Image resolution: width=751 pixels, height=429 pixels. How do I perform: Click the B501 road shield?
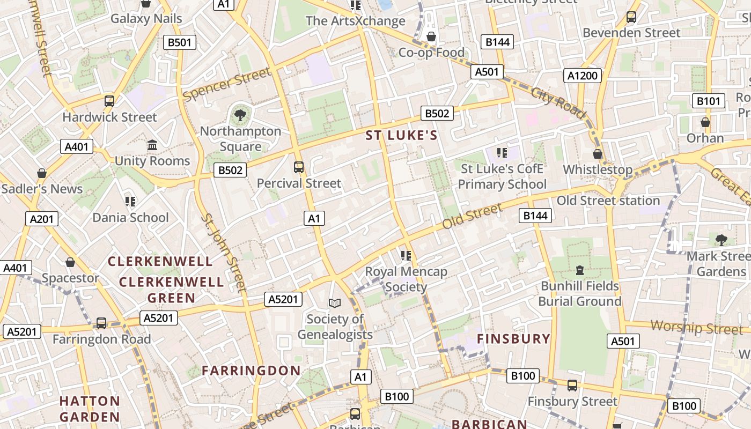180,42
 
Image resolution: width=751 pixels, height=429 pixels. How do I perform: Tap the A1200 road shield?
583,76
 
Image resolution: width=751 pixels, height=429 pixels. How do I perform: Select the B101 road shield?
708,101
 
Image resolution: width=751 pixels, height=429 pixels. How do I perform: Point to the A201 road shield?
42,218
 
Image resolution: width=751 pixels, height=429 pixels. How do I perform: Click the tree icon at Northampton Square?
240,114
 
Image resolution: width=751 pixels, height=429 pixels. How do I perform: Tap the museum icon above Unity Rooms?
152,145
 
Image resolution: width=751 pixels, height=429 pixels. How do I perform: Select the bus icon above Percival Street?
299,167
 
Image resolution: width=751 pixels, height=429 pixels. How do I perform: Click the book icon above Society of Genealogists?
335,304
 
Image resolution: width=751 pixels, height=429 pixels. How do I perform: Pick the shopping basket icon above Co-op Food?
431,36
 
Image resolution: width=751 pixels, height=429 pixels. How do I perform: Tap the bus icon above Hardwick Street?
109,101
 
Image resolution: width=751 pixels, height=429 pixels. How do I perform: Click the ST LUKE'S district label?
402,136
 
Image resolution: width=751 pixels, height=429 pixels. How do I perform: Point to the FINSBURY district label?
514,339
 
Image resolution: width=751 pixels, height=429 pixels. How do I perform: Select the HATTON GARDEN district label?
90,409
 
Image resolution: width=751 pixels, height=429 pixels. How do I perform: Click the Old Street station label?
608,201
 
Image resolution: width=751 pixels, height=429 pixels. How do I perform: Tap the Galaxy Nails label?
146,19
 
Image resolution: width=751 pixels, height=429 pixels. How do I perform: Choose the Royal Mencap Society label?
406,279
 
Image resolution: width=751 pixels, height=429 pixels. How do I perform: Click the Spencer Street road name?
226,84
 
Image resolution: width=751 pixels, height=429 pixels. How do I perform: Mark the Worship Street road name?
696,327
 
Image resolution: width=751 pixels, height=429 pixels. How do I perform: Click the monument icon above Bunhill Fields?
579,270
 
